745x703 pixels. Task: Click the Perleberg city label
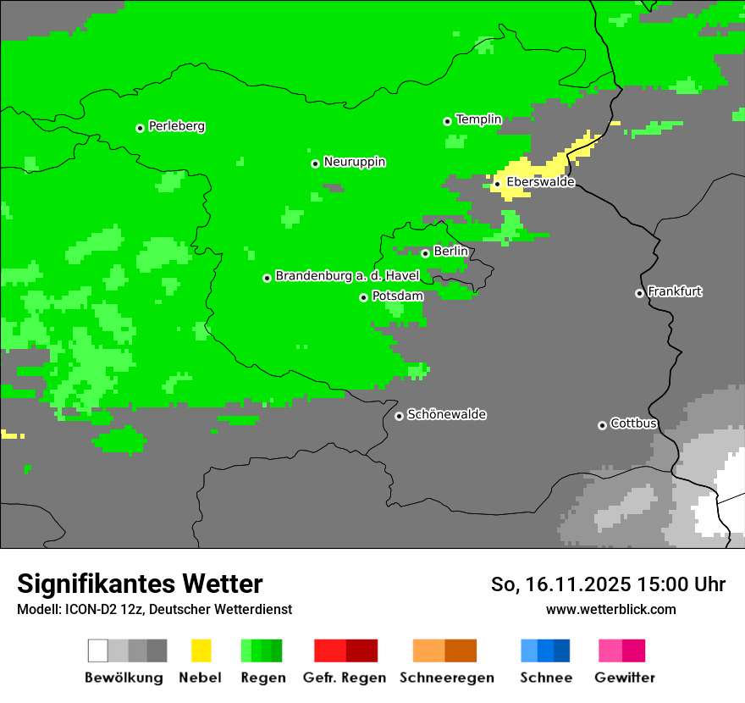176,126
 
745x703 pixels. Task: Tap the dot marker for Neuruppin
315,163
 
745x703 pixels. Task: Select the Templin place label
478,119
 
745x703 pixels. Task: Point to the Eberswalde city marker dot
498,184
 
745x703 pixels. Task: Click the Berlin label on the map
450,252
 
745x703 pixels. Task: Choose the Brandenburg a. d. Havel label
347,276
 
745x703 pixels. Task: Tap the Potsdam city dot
363,297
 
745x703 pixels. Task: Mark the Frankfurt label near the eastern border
675,291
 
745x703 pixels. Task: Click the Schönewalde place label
446,414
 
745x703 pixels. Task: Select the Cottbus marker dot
602,425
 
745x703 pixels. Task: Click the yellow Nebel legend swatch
201,650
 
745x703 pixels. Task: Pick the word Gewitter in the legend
625,678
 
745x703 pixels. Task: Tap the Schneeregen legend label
447,678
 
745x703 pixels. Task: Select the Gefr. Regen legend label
344,678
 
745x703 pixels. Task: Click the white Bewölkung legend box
98,650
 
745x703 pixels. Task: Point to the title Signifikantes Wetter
140,584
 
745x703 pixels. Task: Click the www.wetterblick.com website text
610,609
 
